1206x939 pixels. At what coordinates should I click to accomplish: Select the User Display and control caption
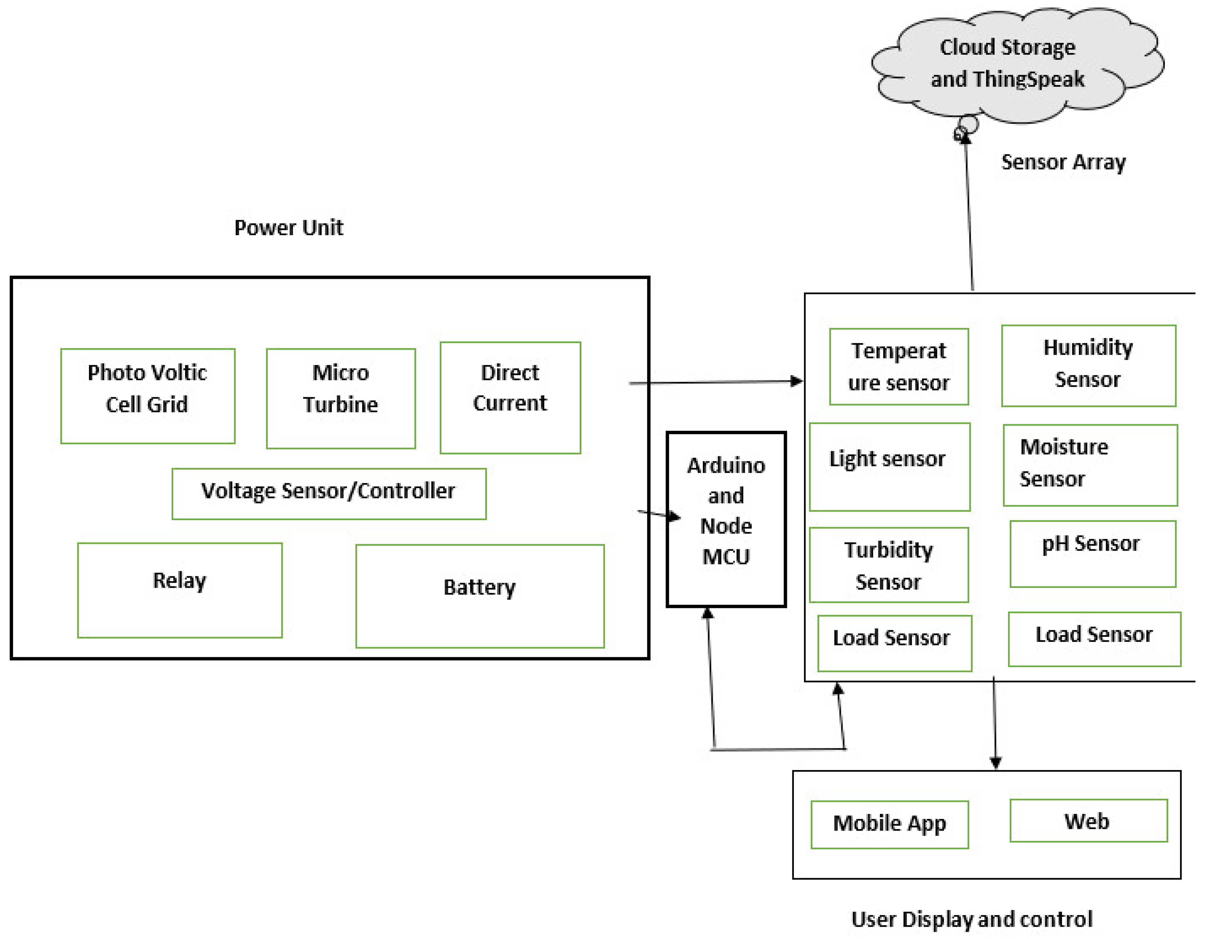click(972, 920)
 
